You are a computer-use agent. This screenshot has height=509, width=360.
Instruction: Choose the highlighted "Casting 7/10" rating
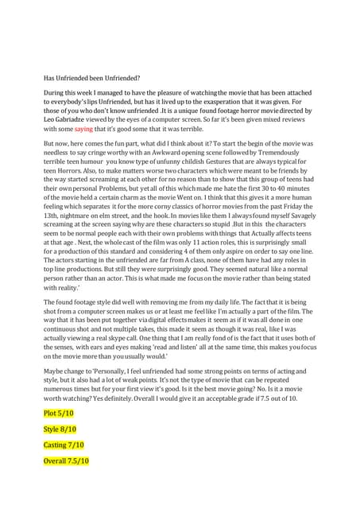coord(64,445)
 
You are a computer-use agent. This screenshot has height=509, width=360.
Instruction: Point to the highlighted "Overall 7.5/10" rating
coord(67,460)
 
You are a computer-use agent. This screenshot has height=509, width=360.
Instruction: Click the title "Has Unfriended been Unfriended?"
coord(91,78)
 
